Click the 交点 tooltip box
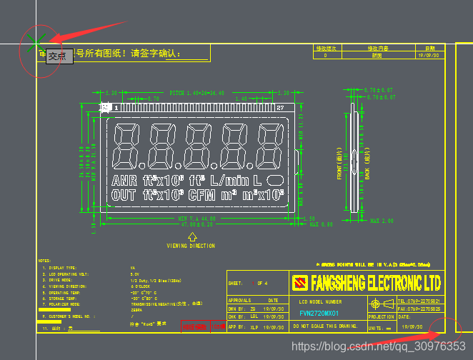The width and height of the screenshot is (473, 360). click(60, 56)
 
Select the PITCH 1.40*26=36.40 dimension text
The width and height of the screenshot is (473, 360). click(196, 93)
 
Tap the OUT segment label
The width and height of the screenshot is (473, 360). click(124, 194)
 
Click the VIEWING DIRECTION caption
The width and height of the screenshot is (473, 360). click(191, 246)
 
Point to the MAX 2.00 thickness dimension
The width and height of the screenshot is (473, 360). click(382, 221)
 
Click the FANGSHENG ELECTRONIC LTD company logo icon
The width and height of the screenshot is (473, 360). click(300, 283)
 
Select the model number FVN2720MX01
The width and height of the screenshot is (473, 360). click(319, 313)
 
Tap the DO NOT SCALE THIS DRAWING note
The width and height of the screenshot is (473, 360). click(326, 326)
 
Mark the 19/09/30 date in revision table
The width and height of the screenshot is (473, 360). click(429, 55)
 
